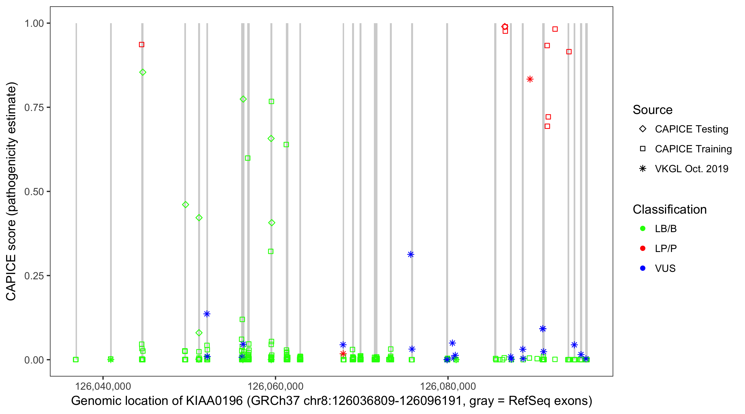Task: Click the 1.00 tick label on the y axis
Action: [x=34, y=23]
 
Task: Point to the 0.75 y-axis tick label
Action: [x=34, y=107]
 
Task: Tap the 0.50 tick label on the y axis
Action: [x=34, y=192]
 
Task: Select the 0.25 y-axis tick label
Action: [x=34, y=276]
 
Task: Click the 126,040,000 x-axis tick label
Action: [x=103, y=386]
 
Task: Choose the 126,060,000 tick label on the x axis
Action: [x=275, y=386]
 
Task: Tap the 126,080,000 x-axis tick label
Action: [x=448, y=386]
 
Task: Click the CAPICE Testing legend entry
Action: [x=691, y=129]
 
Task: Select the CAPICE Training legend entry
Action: [x=693, y=149]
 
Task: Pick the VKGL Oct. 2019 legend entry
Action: [x=691, y=169]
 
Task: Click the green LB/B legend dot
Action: [x=643, y=229]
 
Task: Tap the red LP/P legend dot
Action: [x=643, y=248]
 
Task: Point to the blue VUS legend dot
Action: [x=643, y=268]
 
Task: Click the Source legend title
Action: [x=653, y=110]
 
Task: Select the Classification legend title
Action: [x=669, y=209]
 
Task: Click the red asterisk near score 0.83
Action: [x=530, y=79]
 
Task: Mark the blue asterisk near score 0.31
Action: [x=411, y=254]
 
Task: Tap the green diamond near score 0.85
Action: [x=143, y=72]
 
